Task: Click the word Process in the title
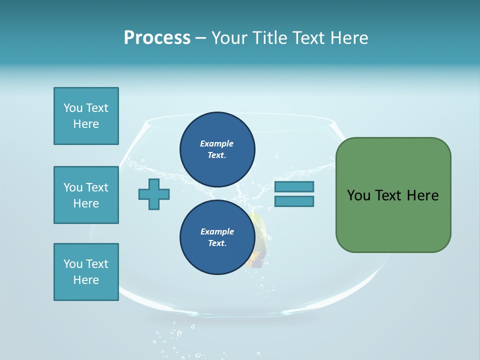[157, 37]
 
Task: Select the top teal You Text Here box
[86, 116]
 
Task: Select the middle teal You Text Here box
[86, 195]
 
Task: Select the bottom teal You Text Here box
[86, 272]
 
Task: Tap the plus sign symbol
[154, 194]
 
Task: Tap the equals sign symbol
[294, 194]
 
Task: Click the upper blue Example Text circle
[217, 149]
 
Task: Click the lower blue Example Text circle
[217, 237]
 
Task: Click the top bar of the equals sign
[294, 186]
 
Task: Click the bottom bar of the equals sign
[294, 201]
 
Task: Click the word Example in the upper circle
[217, 143]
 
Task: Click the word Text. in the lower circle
[217, 243]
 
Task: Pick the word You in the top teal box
[72, 108]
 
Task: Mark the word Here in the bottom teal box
[86, 280]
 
